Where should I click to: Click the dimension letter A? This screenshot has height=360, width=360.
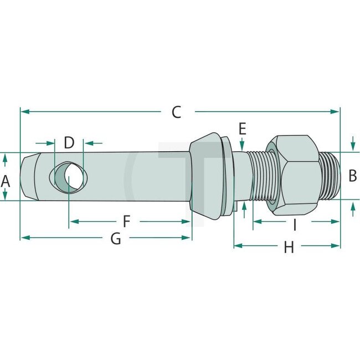tap(6, 181)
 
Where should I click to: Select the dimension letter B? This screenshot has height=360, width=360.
tap(352, 176)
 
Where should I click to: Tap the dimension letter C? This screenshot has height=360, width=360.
tap(176, 112)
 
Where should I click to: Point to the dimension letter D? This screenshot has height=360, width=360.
tap(69, 142)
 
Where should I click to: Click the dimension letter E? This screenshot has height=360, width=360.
tap(242, 129)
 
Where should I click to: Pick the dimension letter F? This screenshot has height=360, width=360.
tap(126, 222)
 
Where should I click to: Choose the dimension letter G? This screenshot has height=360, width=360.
tap(116, 239)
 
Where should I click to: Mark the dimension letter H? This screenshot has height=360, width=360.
tap(289, 248)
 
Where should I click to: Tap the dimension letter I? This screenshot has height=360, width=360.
tap(295, 224)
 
